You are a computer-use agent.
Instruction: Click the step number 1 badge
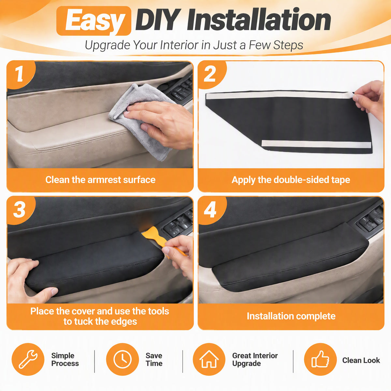pyautogui.click(x=20, y=74)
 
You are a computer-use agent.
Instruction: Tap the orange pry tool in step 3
pyautogui.click(x=158, y=239)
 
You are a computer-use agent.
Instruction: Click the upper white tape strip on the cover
pyautogui.click(x=280, y=95)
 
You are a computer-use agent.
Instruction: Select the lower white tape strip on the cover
pyautogui.click(x=316, y=144)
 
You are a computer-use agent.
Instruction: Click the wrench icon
pyautogui.click(x=28, y=359)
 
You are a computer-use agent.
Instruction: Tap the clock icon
pyautogui.click(x=123, y=359)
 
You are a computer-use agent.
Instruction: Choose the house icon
pyautogui.click(x=209, y=359)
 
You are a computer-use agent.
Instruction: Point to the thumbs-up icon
pyautogui.click(x=320, y=359)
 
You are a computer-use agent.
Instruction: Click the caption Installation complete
pyautogui.click(x=291, y=316)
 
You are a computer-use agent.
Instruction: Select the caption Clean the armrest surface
pyautogui.click(x=100, y=180)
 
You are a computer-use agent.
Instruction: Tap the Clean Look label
pyautogui.click(x=361, y=360)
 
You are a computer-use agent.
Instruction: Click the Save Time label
pyautogui.click(x=154, y=359)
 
